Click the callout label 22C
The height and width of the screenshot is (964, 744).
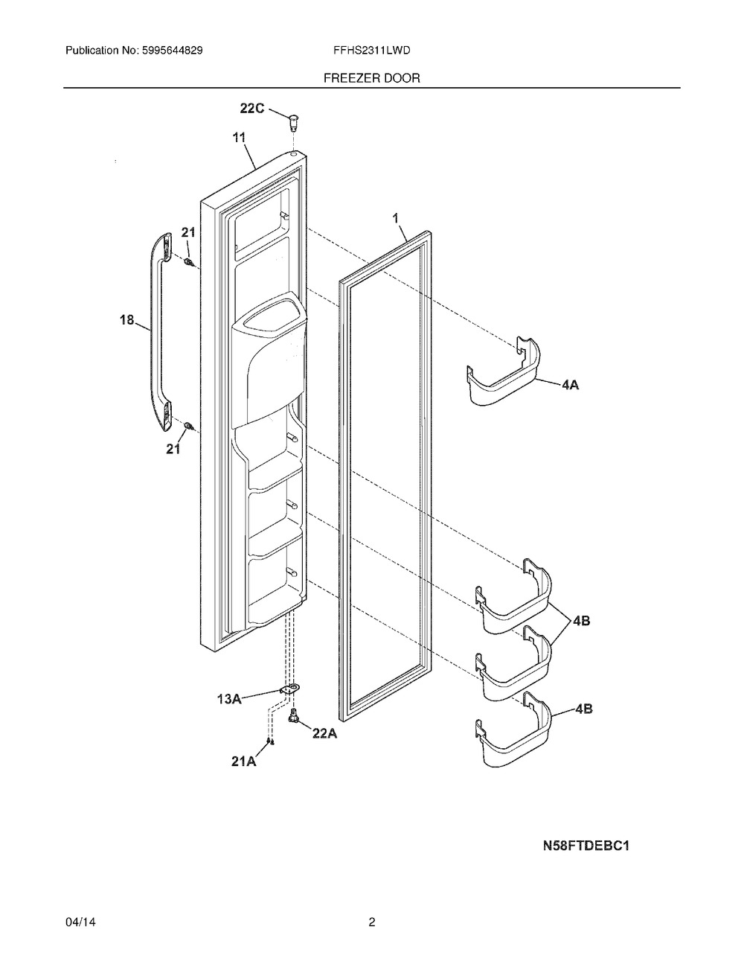click(251, 109)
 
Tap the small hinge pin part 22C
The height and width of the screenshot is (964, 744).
click(294, 119)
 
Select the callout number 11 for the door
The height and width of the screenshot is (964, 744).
click(239, 137)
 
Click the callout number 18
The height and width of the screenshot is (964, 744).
click(126, 320)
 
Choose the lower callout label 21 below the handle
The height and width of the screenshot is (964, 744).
click(173, 449)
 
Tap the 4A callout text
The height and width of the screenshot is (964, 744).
click(570, 386)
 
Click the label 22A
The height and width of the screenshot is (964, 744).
click(324, 733)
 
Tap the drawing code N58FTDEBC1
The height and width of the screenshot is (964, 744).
click(586, 846)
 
